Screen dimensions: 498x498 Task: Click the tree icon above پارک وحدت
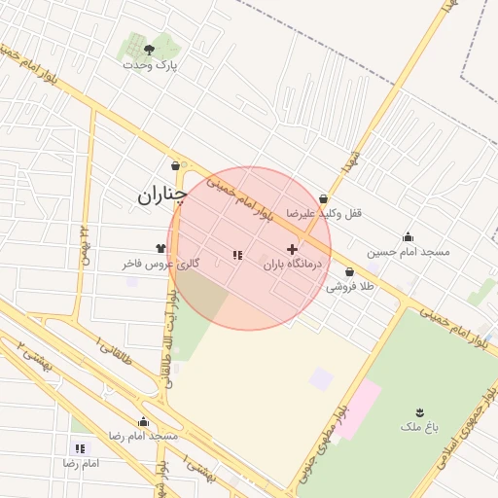pyautogui.click(x=149, y=49)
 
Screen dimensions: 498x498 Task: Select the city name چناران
pyautogui.click(x=160, y=196)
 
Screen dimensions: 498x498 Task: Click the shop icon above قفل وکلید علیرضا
pyautogui.click(x=322, y=198)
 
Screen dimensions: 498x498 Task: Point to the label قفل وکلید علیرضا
pyautogui.click(x=323, y=212)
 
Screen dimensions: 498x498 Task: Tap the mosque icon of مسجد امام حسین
pyautogui.click(x=408, y=236)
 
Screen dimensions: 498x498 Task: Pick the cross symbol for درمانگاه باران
pyautogui.click(x=292, y=250)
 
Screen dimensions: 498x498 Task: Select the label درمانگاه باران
pyautogui.click(x=293, y=264)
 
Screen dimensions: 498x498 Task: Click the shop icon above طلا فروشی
pyautogui.click(x=349, y=272)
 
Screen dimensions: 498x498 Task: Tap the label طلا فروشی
pyautogui.click(x=349, y=287)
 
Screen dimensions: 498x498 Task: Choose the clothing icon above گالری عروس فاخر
pyautogui.click(x=160, y=249)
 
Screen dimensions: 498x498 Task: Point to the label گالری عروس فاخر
pyautogui.click(x=161, y=264)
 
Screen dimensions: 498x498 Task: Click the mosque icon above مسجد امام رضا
pyautogui.click(x=144, y=421)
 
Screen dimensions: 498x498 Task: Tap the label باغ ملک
pyautogui.click(x=420, y=426)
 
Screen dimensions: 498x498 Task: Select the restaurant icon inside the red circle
pyautogui.click(x=237, y=255)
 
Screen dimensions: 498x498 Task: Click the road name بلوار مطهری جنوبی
pyautogui.click(x=341, y=428)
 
